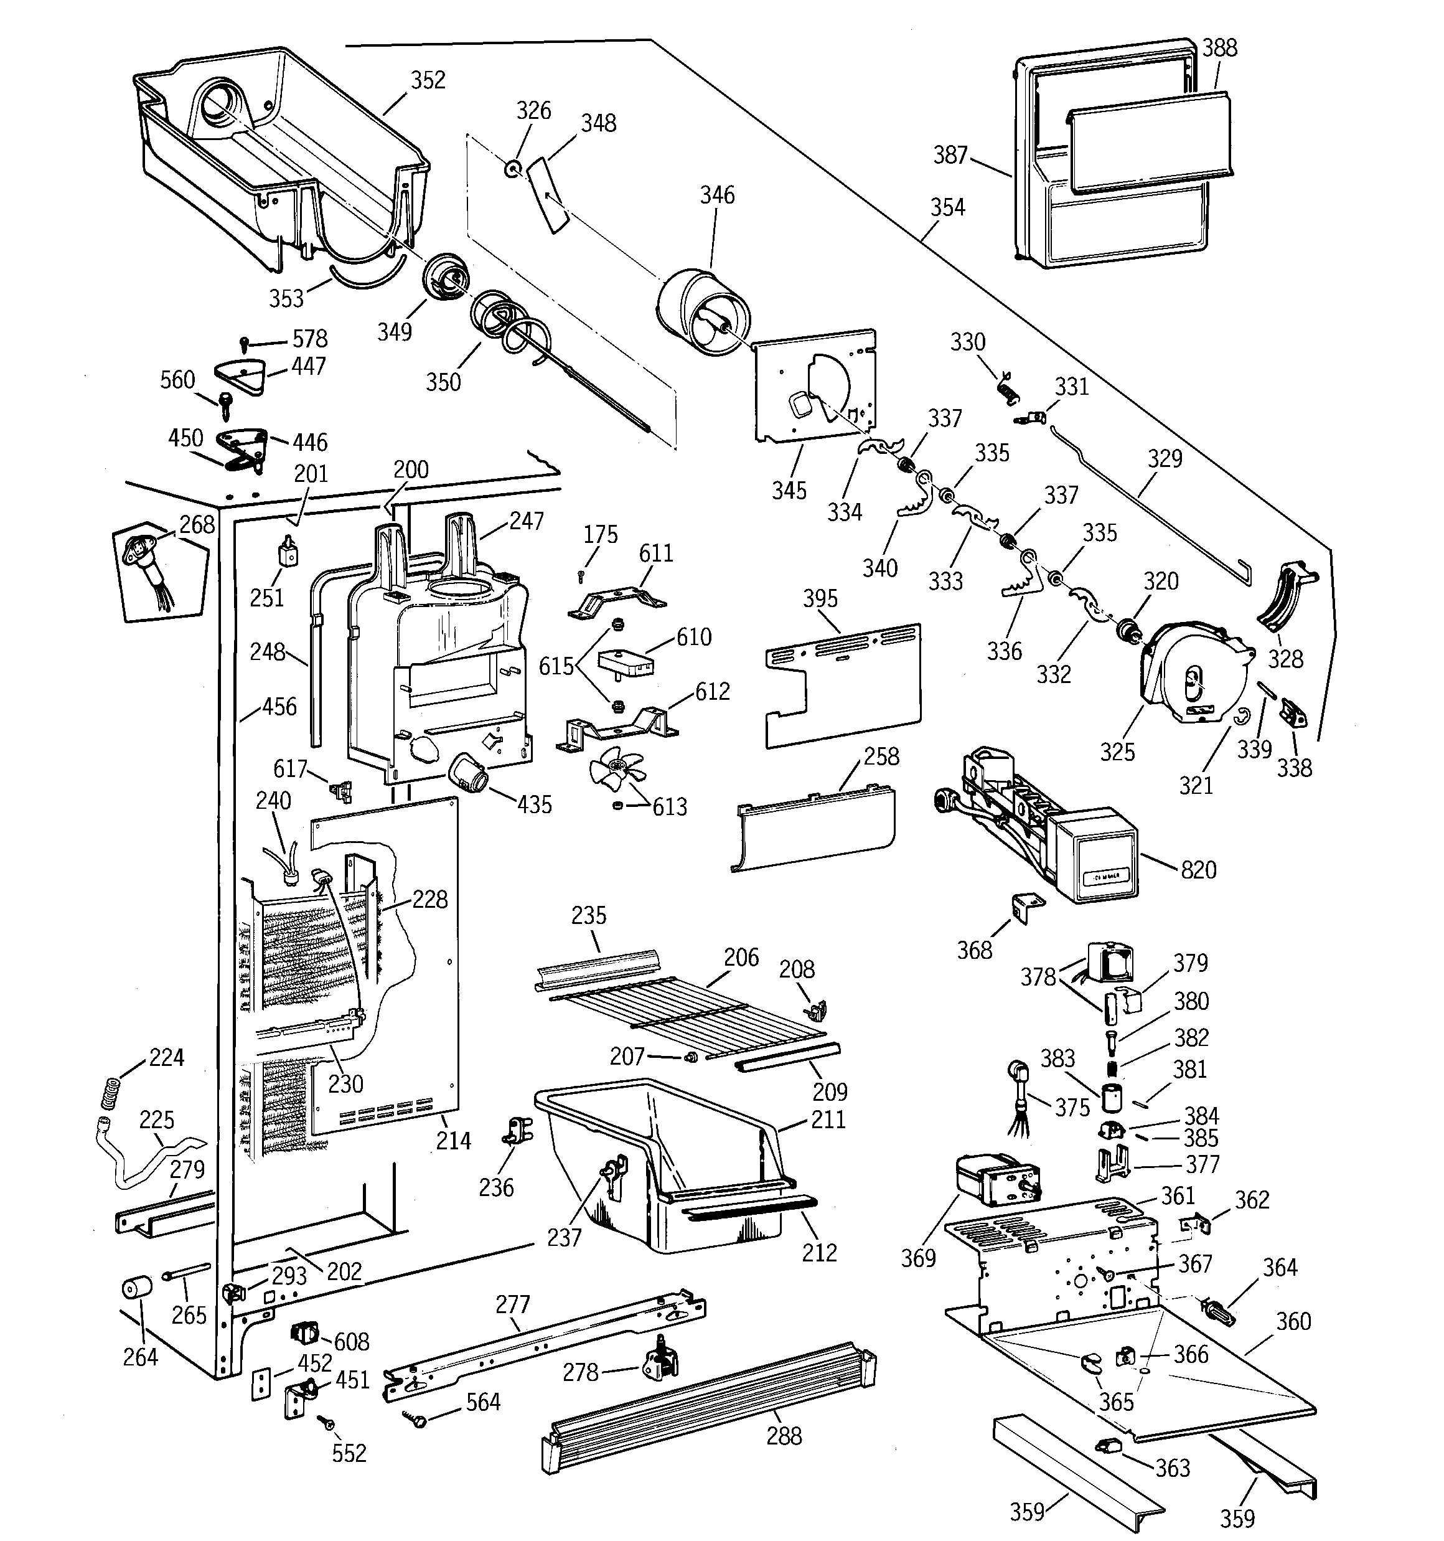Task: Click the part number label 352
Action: [x=428, y=80]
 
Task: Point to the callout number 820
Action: [x=1198, y=870]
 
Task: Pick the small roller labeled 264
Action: [x=137, y=1288]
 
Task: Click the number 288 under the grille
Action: [x=784, y=1436]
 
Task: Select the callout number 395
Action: [x=820, y=598]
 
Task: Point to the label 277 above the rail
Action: [x=512, y=1304]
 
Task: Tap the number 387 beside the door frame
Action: [x=950, y=155]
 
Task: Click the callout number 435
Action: [x=534, y=804]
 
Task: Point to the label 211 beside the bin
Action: [x=828, y=1119]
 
